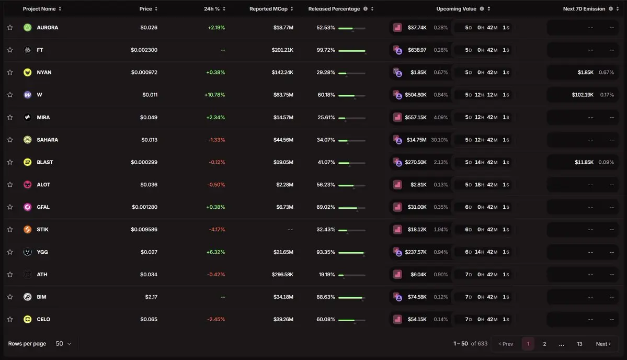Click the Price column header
point(145,9)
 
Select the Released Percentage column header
point(334,9)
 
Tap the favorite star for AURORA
point(10,28)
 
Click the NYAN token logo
point(28,72)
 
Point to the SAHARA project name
point(47,140)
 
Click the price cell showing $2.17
point(151,297)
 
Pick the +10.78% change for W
point(215,95)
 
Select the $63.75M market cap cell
point(283,95)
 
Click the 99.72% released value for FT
point(325,50)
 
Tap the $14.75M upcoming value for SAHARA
point(416,140)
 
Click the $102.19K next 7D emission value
point(583,95)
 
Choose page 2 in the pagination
point(544,344)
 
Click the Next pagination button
point(603,344)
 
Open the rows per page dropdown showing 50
point(63,344)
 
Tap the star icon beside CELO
point(10,319)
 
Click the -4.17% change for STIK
point(216,230)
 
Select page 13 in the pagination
point(579,344)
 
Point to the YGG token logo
point(28,252)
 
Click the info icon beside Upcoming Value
point(482,9)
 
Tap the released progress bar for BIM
point(352,297)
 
